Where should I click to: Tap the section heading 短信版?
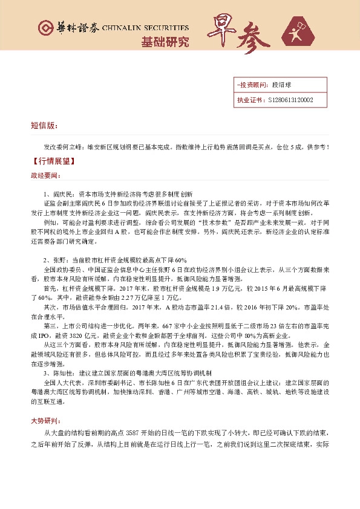(x=44, y=126)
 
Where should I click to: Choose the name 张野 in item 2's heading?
(x=56, y=260)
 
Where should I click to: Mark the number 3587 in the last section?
(x=135, y=433)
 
